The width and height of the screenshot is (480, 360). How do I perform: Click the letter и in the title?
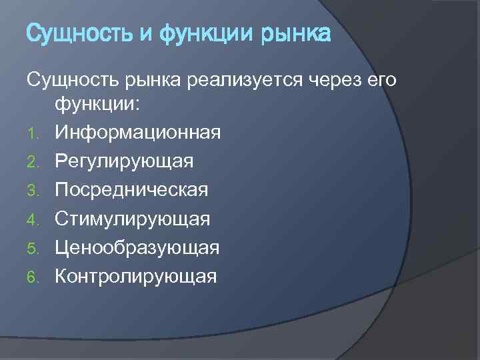click(147, 33)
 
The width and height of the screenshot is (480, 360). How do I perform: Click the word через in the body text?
click(333, 80)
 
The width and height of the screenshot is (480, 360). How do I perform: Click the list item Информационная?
click(137, 133)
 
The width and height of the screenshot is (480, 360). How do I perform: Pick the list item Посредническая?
click(131, 190)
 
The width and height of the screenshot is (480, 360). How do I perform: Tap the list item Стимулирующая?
click(132, 219)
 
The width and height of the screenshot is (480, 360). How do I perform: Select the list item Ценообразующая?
click(137, 247)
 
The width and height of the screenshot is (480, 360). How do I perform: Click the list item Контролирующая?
click(135, 276)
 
